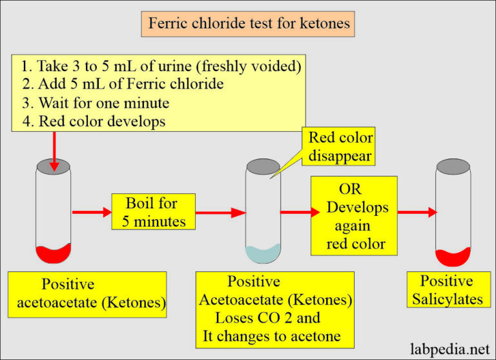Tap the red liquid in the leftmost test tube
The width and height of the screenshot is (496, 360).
click(x=53, y=254)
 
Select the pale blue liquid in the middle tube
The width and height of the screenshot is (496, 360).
click(x=263, y=253)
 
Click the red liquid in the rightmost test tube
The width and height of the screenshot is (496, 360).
click(x=452, y=257)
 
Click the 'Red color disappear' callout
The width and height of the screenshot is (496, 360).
click(x=340, y=147)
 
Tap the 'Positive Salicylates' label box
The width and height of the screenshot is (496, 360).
click(x=446, y=290)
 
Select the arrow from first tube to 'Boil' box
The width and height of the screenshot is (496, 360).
click(x=91, y=211)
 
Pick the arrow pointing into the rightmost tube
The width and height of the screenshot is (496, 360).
click(x=417, y=211)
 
